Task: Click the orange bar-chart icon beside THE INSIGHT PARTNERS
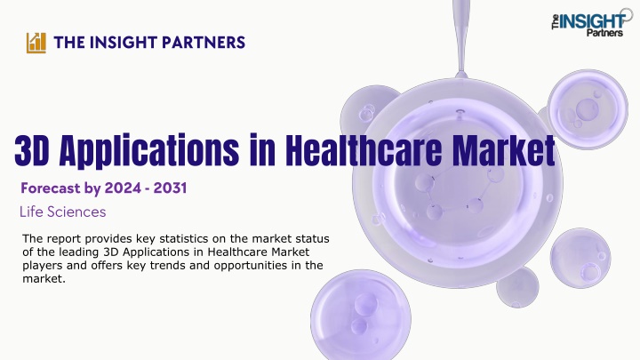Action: coord(36,43)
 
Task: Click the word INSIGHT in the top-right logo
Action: coord(592,21)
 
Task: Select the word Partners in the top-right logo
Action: coord(605,33)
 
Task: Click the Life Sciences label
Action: coord(63,212)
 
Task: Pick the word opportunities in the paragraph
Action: coord(251,265)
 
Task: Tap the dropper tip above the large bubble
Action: coord(461,75)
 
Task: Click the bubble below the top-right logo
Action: coord(588,108)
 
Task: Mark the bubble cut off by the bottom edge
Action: coord(361,315)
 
